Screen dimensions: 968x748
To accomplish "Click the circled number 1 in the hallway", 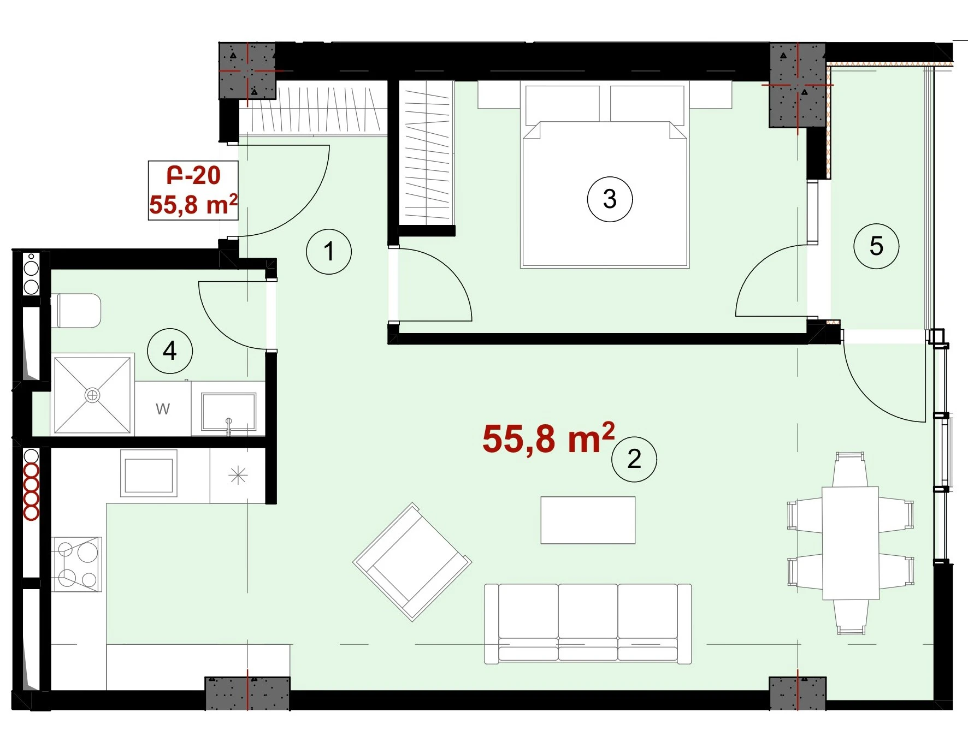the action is click(329, 252).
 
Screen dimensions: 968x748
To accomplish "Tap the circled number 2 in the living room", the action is click(634, 459).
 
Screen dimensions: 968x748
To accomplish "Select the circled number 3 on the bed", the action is click(610, 199).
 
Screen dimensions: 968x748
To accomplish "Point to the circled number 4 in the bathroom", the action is click(170, 351).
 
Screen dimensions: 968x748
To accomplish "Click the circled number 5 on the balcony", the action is click(876, 246).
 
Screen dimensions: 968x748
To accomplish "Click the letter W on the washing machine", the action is click(163, 409).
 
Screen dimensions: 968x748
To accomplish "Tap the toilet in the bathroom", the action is click(76, 311).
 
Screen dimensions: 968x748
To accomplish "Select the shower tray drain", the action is click(92, 395).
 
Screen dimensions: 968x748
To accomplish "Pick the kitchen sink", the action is click(149, 473).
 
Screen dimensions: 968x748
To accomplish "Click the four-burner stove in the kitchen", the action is click(77, 564).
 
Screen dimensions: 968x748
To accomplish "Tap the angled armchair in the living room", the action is click(412, 562).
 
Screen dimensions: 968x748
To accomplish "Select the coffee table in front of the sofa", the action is click(588, 520).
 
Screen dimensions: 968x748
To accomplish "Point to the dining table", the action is click(851, 543).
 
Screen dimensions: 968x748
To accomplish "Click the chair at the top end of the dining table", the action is click(850, 469).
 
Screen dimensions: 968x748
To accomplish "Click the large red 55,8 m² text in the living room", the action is click(548, 438).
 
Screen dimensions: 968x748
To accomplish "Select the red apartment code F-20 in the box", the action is click(193, 176).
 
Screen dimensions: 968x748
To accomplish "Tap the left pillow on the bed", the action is click(563, 104).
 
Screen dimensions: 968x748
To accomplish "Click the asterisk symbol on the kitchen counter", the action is click(238, 476).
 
